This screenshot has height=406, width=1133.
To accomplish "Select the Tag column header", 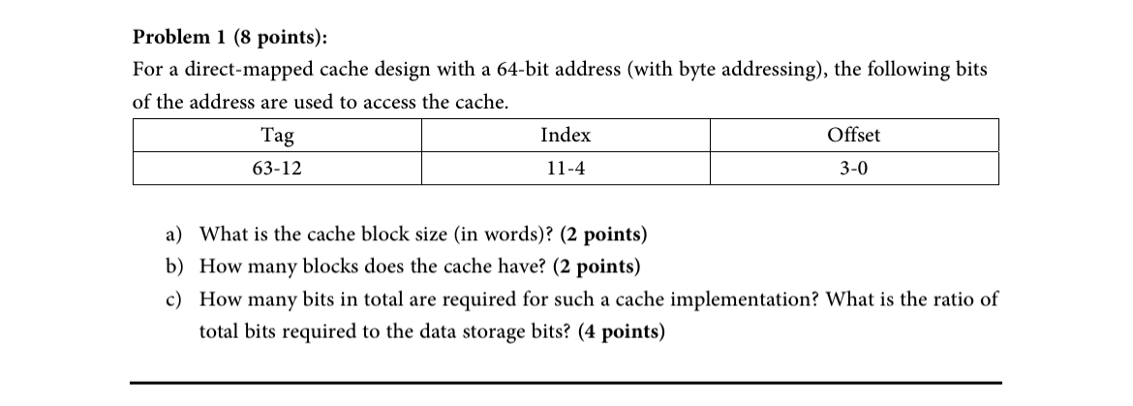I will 276,136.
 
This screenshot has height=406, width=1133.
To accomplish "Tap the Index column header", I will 565,136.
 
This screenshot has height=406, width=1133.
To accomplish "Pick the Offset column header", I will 853,136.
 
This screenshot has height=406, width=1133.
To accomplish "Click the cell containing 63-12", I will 276,169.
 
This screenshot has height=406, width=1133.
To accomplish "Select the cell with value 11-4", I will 565,169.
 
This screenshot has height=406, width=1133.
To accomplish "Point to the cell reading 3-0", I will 853,169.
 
